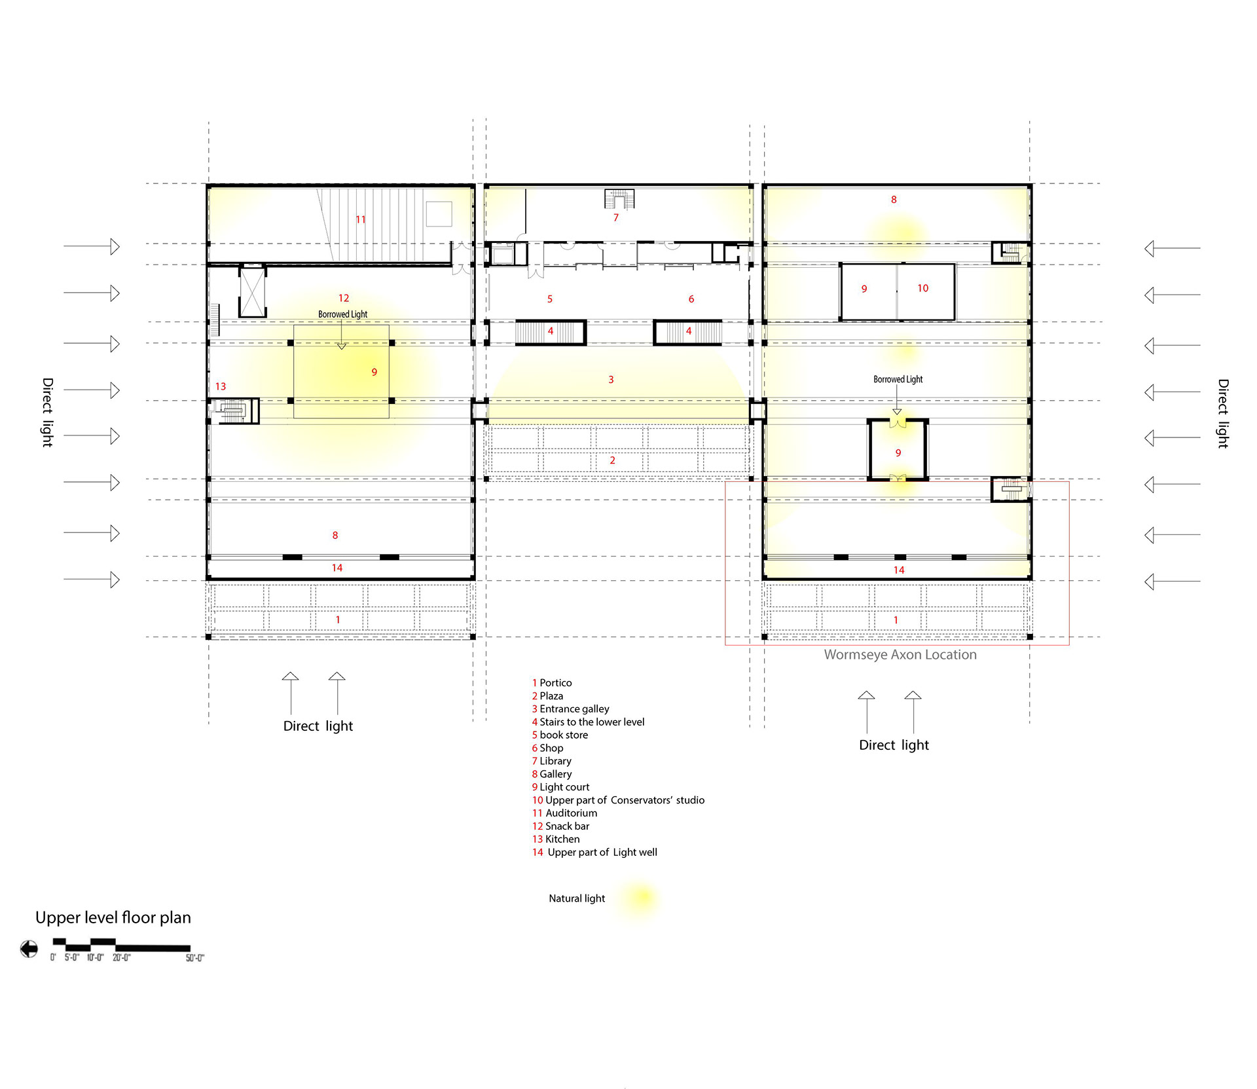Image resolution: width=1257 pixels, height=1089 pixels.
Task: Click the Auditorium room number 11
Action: [361, 219]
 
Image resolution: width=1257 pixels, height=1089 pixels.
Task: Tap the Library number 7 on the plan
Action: [616, 217]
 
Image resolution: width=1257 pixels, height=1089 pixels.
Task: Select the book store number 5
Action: [550, 299]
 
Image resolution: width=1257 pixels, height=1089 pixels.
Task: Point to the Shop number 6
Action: [691, 299]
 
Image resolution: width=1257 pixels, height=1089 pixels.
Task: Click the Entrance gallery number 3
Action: [611, 379]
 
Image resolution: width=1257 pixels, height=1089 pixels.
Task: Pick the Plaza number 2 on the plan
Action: [613, 460]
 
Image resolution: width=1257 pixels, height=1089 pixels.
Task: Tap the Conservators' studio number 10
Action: [923, 288]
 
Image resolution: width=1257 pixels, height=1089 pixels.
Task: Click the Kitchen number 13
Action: [221, 386]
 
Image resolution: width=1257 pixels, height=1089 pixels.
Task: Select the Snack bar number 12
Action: [344, 298]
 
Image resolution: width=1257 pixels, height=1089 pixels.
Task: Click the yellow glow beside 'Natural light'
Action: [640, 897]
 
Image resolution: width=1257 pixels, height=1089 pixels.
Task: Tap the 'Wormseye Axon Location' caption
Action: [900, 654]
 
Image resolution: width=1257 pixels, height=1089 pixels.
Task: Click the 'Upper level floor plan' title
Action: [113, 917]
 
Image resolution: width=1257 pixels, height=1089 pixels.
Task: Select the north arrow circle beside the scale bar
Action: [29, 948]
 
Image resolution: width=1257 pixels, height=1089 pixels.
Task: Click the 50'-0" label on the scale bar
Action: [195, 958]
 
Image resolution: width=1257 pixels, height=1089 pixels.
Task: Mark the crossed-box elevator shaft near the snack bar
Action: [252, 291]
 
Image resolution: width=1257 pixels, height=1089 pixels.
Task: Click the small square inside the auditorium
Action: [439, 213]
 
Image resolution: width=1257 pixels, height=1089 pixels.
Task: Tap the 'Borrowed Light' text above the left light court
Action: [343, 314]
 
